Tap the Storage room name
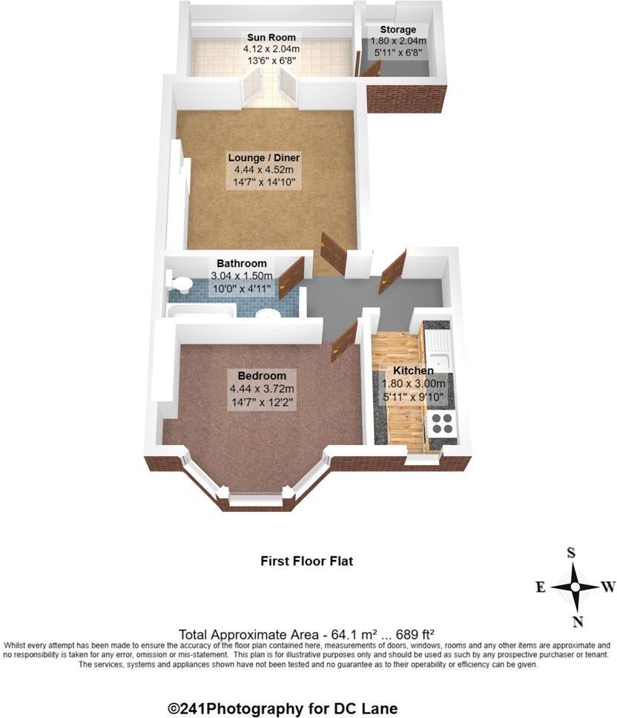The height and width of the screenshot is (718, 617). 399,30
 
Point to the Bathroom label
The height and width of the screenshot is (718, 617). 241,263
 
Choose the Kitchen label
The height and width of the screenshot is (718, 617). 413,370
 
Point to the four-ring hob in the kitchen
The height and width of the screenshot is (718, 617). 443,423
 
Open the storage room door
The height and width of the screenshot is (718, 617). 369,70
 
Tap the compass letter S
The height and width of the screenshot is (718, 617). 571,553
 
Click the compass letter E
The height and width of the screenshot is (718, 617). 541,587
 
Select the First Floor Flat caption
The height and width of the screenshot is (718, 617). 306,561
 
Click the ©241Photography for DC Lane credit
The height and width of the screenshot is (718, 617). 283,708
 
